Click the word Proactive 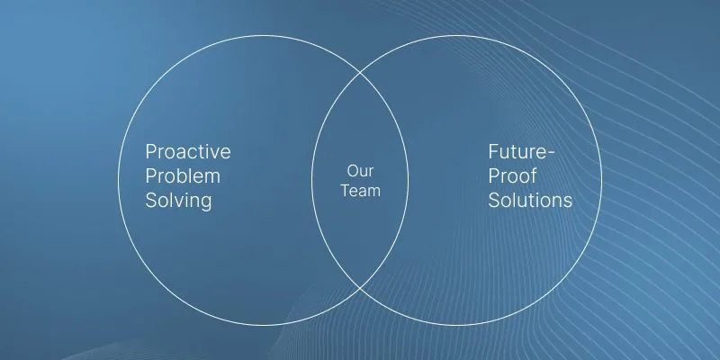[188, 151]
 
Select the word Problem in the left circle [183, 175]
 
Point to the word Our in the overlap [361, 171]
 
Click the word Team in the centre [361, 191]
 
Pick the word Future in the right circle [517, 151]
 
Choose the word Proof [512, 175]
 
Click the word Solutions [530, 200]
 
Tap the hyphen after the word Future [551, 154]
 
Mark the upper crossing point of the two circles [360, 73]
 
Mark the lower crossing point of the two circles [360, 288]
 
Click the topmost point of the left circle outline [263, 35]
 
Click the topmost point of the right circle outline [457, 35]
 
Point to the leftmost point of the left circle [118, 180]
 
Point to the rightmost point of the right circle [602, 180]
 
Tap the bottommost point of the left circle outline [263, 325]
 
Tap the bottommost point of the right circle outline [457, 325]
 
